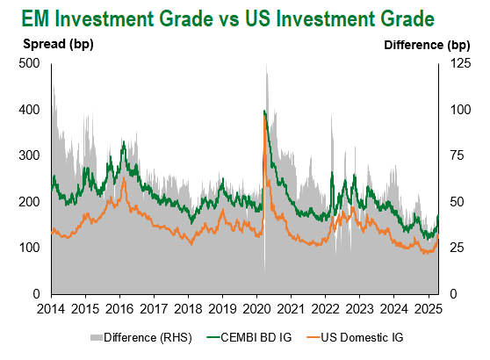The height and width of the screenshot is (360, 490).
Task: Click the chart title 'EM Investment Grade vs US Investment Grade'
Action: pos(227,18)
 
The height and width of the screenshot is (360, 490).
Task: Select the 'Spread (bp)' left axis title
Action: pos(58,44)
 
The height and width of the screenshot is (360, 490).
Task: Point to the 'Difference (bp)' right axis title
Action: pos(427,46)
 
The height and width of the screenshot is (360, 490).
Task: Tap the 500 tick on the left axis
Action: pos(29,63)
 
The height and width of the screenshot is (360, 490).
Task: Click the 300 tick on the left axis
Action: pos(29,155)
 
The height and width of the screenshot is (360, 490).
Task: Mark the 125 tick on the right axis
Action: pos(460,63)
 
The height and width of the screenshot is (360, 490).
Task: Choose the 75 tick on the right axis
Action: pos(457,155)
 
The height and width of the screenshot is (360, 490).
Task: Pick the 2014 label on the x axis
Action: pos(51,309)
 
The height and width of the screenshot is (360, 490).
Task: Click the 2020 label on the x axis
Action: pos(256,309)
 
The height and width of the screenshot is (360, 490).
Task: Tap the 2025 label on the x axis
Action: pos(429,309)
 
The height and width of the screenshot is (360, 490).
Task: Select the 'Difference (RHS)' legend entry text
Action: pos(148,338)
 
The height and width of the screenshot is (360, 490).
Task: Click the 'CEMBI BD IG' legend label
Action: pos(256,337)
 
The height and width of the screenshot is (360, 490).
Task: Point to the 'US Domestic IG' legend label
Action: pos(362,337)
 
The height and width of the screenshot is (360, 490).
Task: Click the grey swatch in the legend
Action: pos(97,338)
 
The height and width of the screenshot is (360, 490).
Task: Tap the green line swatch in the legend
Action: pos(213,337)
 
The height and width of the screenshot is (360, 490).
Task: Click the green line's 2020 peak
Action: pos(264,111)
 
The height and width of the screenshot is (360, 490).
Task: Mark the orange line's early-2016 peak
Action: pos(124,178)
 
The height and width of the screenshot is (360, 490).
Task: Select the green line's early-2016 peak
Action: pos(124,142)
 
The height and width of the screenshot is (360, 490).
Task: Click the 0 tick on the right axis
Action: pos(453,294)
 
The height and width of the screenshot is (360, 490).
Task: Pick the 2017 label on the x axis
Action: pos(154,309)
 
